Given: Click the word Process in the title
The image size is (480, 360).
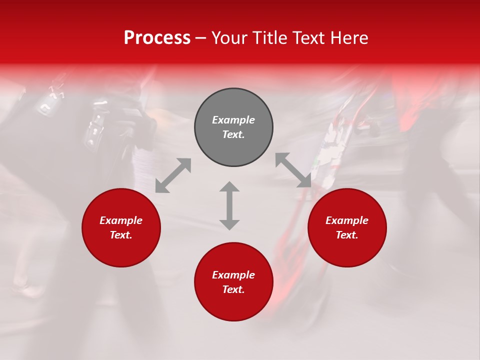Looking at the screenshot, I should click(x=157, y=38).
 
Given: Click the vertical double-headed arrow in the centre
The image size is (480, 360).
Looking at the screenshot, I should click(x=229, y=205).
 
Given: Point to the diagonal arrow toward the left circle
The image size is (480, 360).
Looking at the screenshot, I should click(x=173, y=175).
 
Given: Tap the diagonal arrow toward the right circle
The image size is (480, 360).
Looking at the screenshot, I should click(x=293, y=170).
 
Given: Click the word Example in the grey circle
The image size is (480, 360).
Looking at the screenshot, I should click(x=233, y=120).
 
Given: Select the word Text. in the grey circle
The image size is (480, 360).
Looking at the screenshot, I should click(x=233, y=134).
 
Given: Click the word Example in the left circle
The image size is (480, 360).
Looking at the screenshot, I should click(x=121, y=220).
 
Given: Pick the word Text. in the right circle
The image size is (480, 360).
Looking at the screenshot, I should click(x=347, y=235).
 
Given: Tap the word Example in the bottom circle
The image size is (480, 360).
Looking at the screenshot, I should click(x=233, y=275).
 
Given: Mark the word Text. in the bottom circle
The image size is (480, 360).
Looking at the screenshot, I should click(x=233, y=289).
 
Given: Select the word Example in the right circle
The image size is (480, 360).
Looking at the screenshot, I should click(x=347, y=220).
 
